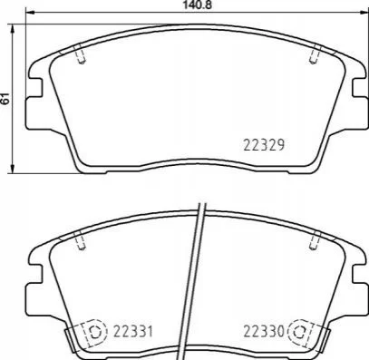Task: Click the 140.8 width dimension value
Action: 197,5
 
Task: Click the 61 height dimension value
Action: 5,99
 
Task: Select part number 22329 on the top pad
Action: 264,145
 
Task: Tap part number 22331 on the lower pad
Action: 133,332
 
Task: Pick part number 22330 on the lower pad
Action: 264,332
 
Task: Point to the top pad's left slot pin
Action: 81,54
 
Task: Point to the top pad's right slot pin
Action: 315,54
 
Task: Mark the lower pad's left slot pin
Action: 81,240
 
